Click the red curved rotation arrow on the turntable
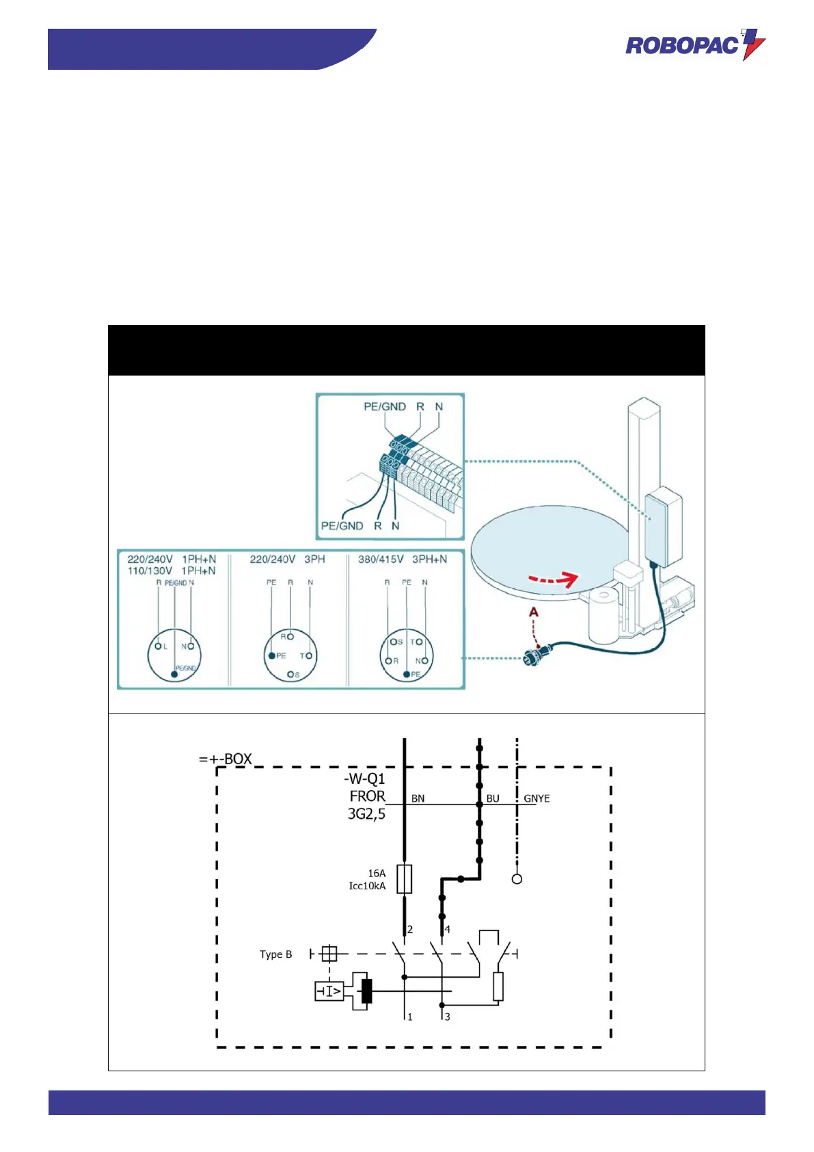(554, 580)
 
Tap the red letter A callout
(534, 612)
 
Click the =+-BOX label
(226, 759)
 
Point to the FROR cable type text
(367, 796)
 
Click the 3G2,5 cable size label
(366, 814)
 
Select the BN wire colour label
(418, 798)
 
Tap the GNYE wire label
(537, 798)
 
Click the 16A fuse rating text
(377, 873)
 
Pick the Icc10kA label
(367, 886)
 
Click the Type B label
(275, 954)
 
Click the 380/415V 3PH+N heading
(403, 559)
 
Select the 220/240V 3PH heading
(287, 559)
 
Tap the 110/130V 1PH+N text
(172, 571)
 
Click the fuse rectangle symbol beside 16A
(405, 879)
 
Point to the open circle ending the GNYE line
(517, 879)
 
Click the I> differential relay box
(329, 991)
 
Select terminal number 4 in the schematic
(448, 930)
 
